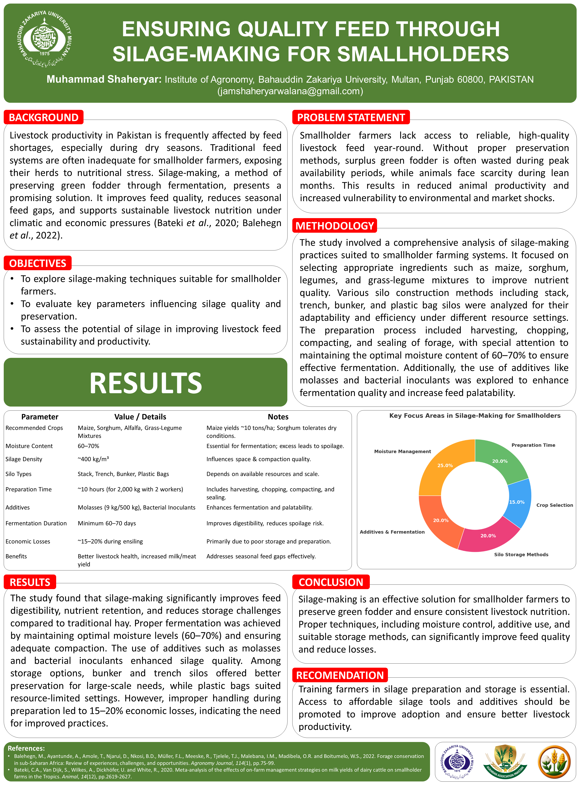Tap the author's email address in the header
290,91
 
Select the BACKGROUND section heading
44,117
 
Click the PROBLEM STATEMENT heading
351,117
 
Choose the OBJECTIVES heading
37,263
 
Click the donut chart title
475,415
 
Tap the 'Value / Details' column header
140,417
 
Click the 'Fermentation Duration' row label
36,523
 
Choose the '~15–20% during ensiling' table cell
110,541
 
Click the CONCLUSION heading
331,582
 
